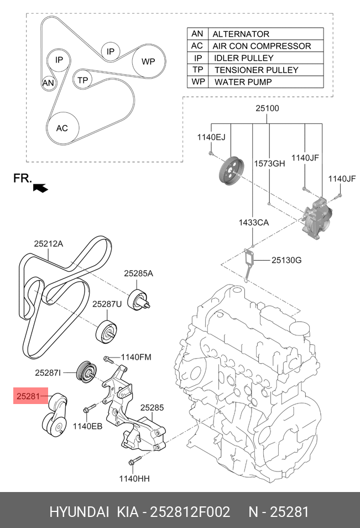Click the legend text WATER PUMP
(243, 82)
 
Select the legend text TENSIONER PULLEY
(257, 70)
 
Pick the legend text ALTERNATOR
(241, 34)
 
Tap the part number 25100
(267, 108)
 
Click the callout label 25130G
(286, 260)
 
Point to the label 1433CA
(254, 222)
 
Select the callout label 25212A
(49, 244)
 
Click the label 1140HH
(134, 478)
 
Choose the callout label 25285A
(138, 273)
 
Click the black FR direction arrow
(40, 188)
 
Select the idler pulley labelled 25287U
(106, 333)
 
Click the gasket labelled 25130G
(249, 264)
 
